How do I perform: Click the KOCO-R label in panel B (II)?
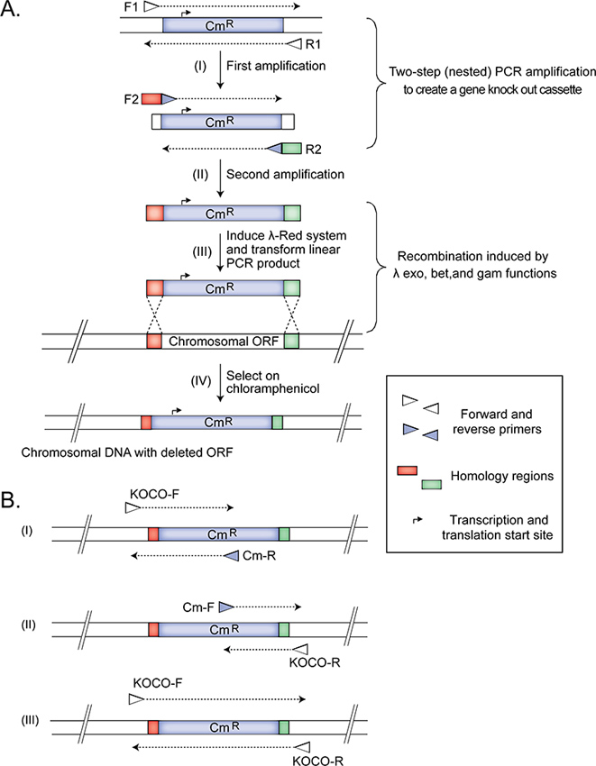coord(315,662)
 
